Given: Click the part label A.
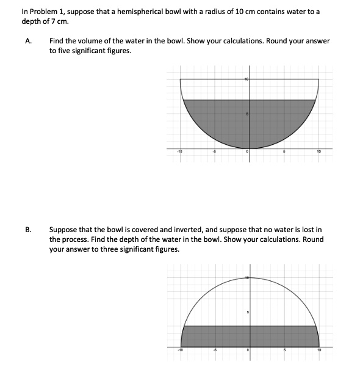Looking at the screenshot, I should (28, 41).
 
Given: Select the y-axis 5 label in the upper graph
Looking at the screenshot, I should (247, 114).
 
